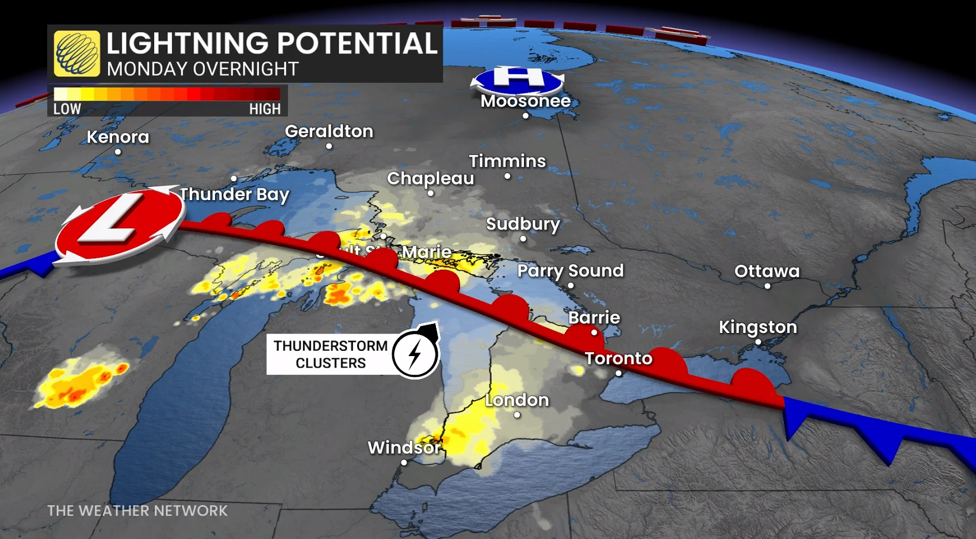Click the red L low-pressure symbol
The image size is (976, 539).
[x=120, y=225]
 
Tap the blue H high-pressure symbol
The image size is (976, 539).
[x=517, y=80]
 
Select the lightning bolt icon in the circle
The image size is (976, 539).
[x=415, y=354]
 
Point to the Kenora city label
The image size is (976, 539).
[x=118, y=137]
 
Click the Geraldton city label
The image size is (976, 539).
[x=329, y=131]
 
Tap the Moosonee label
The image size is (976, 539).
[x=526, y=101]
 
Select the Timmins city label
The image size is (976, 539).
[x=507, y=161]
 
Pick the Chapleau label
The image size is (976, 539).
[x=430, y=178]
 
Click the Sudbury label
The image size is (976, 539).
[x=523, y=224]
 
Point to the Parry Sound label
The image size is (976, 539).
[x=570, y=270]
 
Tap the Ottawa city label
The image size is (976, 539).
[x=767, y=271]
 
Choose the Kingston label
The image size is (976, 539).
[x=757, y=327]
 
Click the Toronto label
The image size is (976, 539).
[x=618, y=358]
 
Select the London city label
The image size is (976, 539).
[x=516, y=400]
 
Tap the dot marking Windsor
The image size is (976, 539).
[x=404, y=462]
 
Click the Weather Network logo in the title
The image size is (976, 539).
[x=76, y=53]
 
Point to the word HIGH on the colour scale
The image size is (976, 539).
[x=265, y=109]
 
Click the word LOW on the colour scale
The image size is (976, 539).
[x=67, y=109]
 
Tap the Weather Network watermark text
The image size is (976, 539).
[x=137, y=511]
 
